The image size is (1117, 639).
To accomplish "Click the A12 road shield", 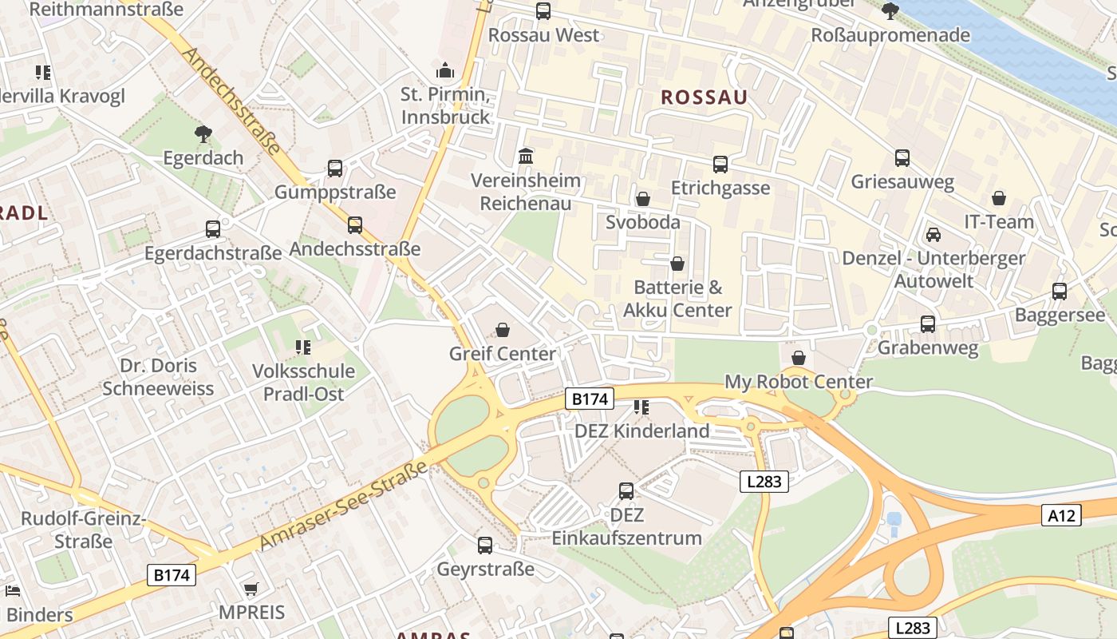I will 1061,516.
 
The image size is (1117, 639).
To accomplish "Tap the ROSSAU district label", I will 705,97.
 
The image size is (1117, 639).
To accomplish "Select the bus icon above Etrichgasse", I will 720,165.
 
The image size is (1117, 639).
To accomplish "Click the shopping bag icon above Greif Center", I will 503,330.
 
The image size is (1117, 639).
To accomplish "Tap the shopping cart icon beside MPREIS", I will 251,589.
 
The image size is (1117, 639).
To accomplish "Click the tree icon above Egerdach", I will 203,133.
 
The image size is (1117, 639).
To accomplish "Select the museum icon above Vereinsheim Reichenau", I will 526,156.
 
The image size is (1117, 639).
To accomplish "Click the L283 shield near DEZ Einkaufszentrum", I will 764,482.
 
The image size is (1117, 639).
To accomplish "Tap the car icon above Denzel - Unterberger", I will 933,235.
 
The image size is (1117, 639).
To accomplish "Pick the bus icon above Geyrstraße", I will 485,546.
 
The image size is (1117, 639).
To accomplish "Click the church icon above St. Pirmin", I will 445,70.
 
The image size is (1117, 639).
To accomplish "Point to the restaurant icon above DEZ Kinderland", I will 641,407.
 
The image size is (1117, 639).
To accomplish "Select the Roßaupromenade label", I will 890,35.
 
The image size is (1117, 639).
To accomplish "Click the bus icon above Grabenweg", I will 928,324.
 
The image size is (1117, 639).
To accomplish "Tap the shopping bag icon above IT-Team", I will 999,198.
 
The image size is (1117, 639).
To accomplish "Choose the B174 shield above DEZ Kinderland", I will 590,399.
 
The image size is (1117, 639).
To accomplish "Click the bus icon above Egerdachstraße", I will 213,229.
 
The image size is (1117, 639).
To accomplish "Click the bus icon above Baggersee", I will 1060,292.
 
